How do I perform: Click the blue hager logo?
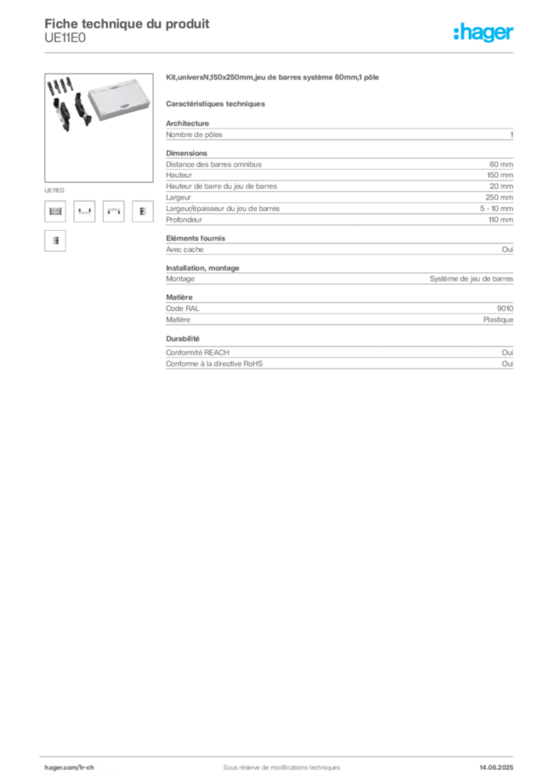click(x=485, y=34)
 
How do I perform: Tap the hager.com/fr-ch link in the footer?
click(x=69, y=766)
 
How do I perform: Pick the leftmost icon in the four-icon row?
click(x=54, y=212)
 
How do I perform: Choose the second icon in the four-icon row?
click(x=84, y=212)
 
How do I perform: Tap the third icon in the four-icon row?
click(x=114, y=212)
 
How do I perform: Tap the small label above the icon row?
click(x=54, y=188)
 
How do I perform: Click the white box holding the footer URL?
click(x=85, y=767)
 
